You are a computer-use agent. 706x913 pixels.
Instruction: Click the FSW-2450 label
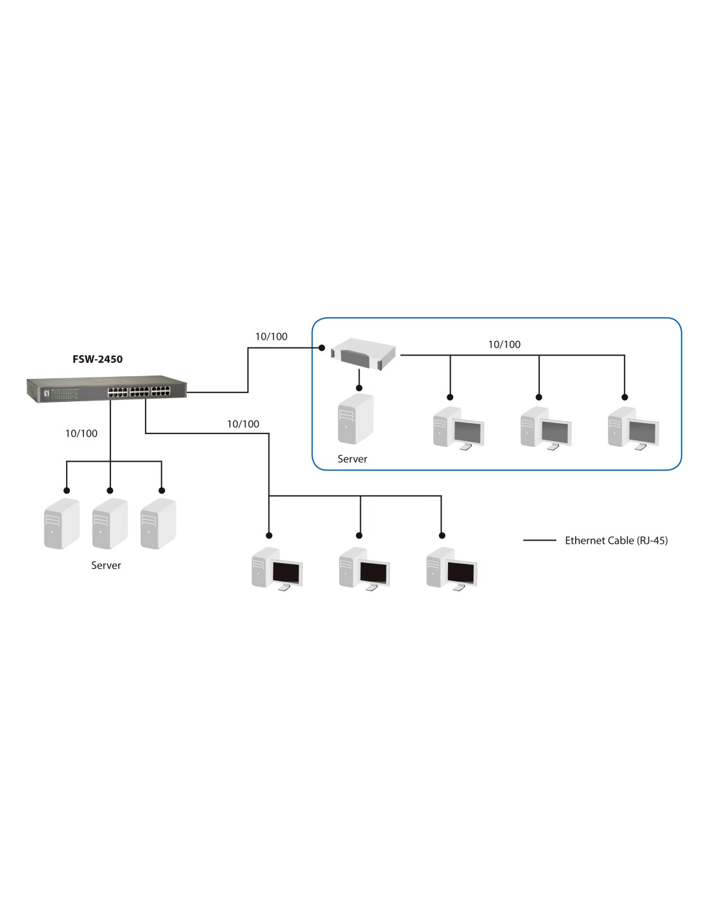[98, 359]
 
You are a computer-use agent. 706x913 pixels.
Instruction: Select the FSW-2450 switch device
[107, 390]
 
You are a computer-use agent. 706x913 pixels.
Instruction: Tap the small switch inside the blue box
[363, 354]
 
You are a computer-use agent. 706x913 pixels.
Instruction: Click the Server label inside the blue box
[352, 459]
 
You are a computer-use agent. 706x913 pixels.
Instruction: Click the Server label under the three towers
[106, 566]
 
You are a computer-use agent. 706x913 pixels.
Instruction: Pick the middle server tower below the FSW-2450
[110, 523]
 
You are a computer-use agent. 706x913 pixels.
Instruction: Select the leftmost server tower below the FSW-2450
[62, 523]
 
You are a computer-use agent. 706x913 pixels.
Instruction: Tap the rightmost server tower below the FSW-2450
[158, 523]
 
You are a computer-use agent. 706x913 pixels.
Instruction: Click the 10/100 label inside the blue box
[504, 345]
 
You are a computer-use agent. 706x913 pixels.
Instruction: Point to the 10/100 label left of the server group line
[82, 433]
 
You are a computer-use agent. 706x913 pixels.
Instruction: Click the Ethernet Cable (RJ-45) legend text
[616, 541]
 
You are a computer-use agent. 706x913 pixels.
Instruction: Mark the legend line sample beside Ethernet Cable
[540, 541]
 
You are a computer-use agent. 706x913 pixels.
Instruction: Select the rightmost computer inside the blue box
[633, 428]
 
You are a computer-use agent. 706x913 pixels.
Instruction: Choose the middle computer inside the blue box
[546, 428]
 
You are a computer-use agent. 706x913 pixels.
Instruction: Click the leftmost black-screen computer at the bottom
[277, 568]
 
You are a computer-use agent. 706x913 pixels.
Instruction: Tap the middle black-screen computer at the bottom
[365, 568]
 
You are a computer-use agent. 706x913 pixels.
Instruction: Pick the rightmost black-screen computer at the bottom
[452, 568]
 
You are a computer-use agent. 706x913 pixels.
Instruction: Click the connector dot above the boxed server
[359, 388]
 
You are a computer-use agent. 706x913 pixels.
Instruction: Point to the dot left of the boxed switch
[322, 348]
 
